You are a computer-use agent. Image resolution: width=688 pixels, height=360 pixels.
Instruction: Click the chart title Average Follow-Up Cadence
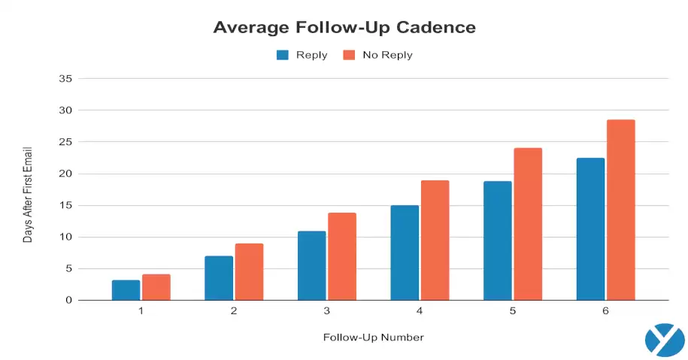click(344, 27)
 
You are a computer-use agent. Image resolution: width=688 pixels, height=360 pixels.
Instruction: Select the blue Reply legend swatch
click(283, 55)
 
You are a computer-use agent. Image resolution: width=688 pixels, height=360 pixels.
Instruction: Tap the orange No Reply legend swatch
click(348, 55)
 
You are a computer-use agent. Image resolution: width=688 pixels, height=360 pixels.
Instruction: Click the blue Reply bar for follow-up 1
click(126, 290)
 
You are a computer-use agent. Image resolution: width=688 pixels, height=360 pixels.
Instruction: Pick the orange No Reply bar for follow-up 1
click(156, 287)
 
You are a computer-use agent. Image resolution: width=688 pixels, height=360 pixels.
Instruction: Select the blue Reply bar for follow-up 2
click(219, 278)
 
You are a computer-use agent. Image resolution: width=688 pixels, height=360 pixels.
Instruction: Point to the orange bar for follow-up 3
click(342, 256)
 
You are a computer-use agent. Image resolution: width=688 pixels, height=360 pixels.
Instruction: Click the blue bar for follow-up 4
click(405, 253)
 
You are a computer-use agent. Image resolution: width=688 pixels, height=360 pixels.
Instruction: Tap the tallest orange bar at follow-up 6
click(621, 210)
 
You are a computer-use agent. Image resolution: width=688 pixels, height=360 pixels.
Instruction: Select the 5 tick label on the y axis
click(68, 268)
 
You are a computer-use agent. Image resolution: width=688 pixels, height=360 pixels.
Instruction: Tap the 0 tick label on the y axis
click(68, 300)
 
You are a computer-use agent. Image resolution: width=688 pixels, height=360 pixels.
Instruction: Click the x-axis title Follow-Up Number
click(374, 337)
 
